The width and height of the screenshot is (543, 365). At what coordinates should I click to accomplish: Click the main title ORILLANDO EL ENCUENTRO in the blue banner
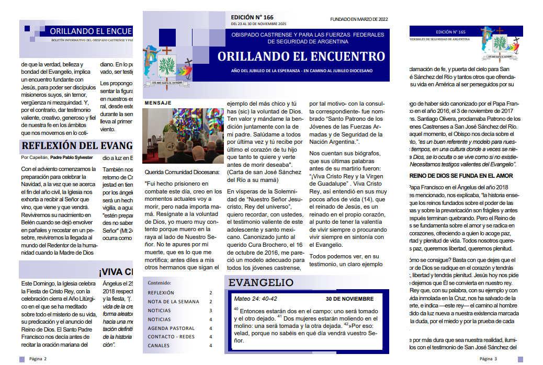(301, 56)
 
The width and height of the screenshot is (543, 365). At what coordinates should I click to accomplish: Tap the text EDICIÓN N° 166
(252, 17)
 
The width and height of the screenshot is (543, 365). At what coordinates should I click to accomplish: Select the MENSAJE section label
(157, 103)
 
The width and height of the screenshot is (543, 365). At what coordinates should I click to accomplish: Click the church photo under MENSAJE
(183, 136)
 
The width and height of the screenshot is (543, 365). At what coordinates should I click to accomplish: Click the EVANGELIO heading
(261, 283)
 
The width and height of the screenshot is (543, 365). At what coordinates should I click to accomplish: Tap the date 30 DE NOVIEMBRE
(349, 299)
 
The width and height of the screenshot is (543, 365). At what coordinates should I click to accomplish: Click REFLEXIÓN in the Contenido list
(161, 293)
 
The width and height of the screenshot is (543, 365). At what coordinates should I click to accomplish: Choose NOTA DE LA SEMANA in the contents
(173, 302)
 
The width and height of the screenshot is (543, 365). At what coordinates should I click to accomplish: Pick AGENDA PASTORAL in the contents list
(171, 328)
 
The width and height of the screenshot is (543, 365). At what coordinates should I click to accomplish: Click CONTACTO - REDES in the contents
(171, 337)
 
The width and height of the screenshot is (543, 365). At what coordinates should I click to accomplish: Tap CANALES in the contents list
(159, 346)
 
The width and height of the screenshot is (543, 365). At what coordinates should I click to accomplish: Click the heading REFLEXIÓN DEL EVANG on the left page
(77, 146)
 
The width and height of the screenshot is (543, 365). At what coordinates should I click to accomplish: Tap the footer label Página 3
(489, 359)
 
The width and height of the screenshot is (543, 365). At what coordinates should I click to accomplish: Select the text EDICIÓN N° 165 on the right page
(450, 32)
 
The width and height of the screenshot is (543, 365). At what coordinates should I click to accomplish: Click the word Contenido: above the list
(160, 282)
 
